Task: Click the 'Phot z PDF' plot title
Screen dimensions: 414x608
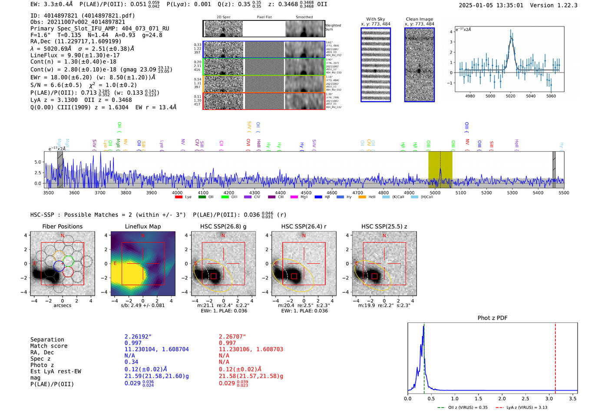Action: point(492,318)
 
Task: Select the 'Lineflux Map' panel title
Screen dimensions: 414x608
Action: point(142,226)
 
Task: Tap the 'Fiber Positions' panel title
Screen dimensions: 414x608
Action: point(62,226)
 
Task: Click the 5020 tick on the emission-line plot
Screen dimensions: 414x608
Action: point(510,96)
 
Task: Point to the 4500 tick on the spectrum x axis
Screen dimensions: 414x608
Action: point(306,192)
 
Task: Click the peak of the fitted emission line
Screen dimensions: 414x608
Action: point(511,38)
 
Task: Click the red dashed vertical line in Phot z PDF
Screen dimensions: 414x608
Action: point(555,356)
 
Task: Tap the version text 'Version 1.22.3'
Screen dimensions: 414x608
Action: point(554,5)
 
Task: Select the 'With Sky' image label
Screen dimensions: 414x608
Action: point(375,19)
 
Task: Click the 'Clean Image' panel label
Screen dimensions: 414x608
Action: point(419,19)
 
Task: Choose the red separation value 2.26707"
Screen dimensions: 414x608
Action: point(232,337)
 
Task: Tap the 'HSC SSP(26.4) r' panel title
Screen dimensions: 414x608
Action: point(304,226)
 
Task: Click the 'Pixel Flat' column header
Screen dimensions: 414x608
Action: point(264,17)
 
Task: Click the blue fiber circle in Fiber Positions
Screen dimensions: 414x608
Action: point(59,266)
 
